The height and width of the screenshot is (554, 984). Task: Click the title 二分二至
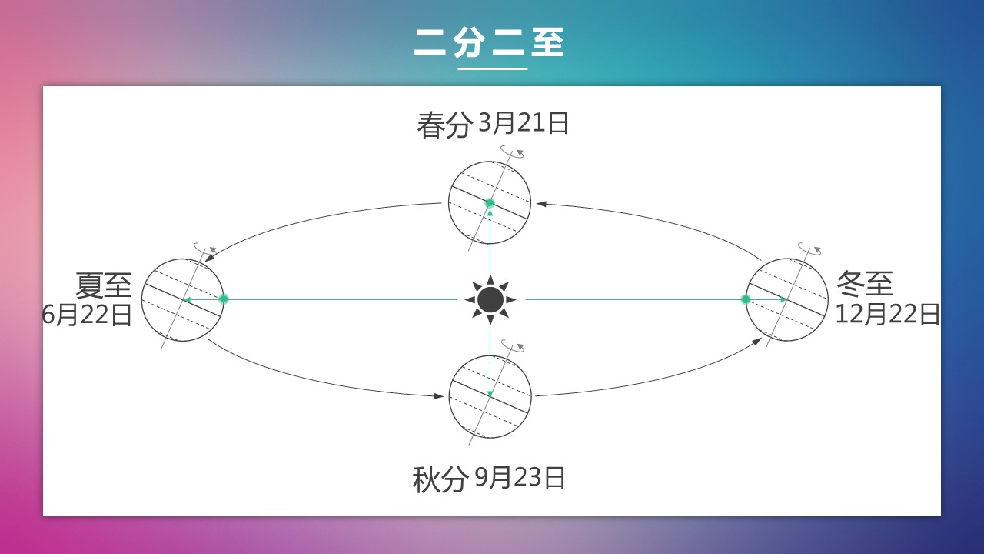coord(489,42)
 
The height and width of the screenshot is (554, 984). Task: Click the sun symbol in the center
coord(490,300)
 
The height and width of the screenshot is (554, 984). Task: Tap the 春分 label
coord(444,125)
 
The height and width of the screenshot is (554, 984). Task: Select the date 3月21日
coord(524,122)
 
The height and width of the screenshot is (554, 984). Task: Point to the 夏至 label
coord(104,285)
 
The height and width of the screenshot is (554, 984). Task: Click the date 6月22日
coord(88,315)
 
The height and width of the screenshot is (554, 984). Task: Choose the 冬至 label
coord(865,284)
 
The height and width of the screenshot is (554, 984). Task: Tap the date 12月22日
coord(887,315)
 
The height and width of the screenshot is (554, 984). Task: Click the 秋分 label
coord(439,479)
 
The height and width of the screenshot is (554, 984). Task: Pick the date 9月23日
coord(520,478)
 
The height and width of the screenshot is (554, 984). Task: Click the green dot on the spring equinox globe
coord(490,203)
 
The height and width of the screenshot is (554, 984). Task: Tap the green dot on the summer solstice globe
coord(224,299)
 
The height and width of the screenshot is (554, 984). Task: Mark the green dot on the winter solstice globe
coord(746,300)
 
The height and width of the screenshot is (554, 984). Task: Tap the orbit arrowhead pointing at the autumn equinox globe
coord(438,396)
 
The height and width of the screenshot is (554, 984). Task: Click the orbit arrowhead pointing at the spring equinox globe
coord(542,204)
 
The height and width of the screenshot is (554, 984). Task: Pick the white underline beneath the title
coord(493,68)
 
